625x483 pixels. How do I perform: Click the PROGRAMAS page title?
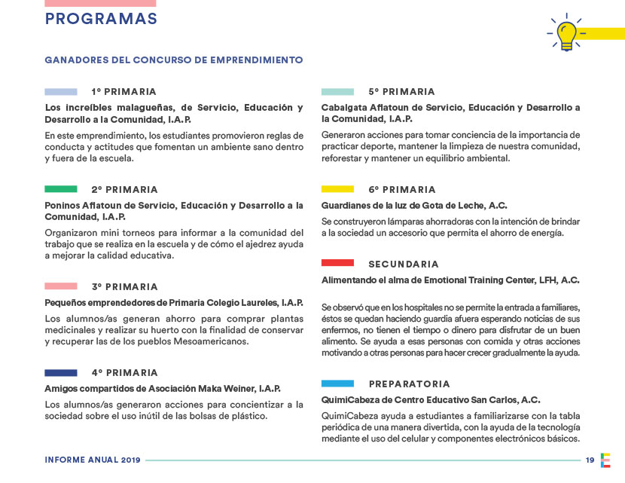[x=101, y=20]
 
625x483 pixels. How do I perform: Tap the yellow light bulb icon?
[x=566, y=33]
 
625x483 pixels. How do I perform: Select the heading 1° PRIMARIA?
[x=123, y=92]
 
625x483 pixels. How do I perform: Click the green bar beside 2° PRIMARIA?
[x=61, y=189]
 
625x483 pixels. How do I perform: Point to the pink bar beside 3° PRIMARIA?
[x=61, y=286]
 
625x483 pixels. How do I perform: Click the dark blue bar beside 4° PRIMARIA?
[x=61, y=372]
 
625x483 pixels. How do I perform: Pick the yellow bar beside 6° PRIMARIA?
[x=337, y=189]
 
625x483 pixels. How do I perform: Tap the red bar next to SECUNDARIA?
[x=337, y=264]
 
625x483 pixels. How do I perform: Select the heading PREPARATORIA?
[x=409, y=384]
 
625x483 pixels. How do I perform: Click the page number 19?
[x=590, y=460]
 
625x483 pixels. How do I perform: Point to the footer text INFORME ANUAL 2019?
[x=92, y=460]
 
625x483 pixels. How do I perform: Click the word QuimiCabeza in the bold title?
[x=351, y=400]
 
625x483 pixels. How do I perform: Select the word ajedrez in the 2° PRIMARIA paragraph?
[x=258, y=244]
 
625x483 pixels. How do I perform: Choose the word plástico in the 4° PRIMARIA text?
[x=248, y=416]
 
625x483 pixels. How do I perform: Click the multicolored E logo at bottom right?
[x=606, y=460]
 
